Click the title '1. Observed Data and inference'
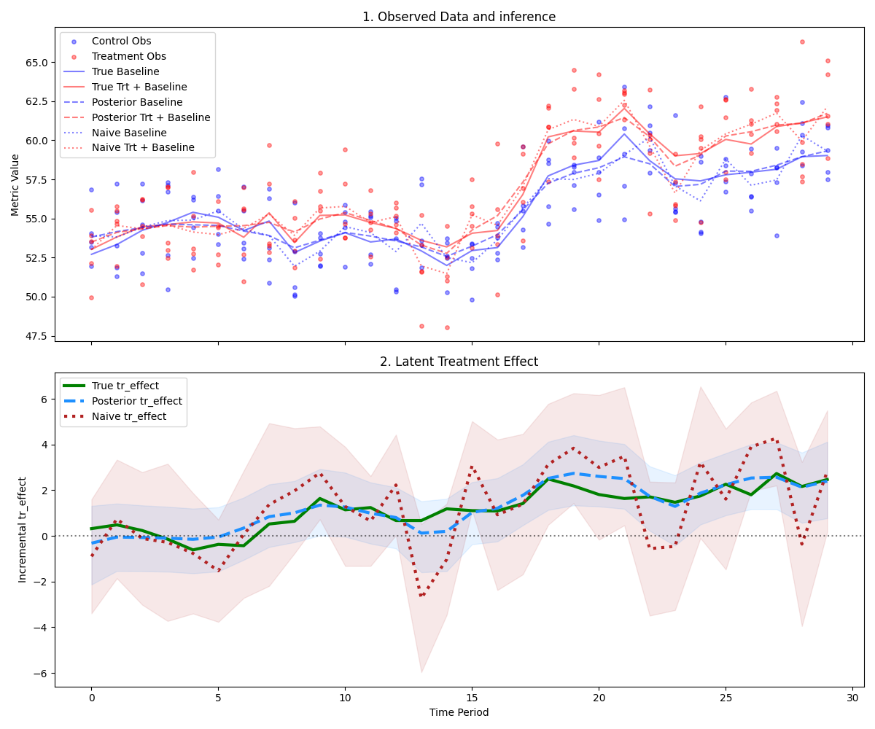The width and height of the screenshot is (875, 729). click(x=459, y=17)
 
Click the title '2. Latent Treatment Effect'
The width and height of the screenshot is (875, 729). click(x=459, y=362)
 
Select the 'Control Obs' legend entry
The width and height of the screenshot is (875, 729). click(x=121, y=41)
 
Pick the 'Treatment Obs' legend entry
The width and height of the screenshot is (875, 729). click(x=128, y=56)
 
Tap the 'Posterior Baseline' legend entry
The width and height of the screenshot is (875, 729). click(x=137, y=102)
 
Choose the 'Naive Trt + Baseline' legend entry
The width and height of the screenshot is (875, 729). click(x=143, y=148)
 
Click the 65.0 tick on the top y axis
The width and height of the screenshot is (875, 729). click(x=36, y=62)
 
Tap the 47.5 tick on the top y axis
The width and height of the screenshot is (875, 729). click(x=36, y=336)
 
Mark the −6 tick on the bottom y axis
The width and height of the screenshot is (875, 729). click(x=42, y=673)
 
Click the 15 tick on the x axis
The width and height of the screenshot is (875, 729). click(x=472, y=698)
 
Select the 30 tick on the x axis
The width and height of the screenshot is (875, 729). click(x=852, y=698)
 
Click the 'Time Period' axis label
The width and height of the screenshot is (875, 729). click(x=459, y=712)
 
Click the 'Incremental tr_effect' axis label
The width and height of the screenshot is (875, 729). click(x=23, y=529)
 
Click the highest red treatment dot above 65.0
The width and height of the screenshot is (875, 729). click(x=802, y=42)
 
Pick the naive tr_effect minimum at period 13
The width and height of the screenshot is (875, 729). click(x=421, y=596)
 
